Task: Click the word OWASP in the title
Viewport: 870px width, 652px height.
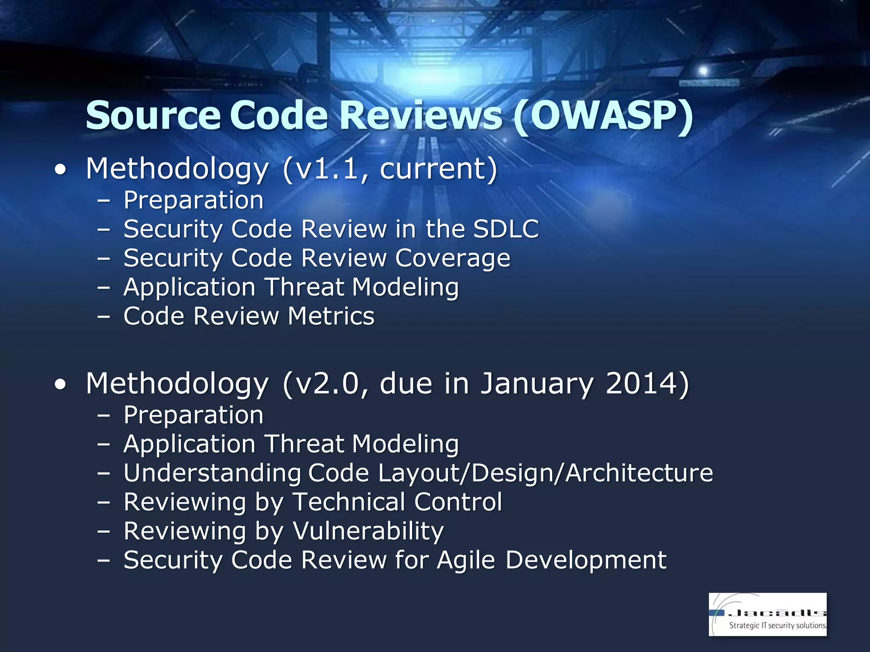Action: click(x=603, y=115)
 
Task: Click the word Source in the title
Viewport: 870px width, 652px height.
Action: click(x=153, y=115)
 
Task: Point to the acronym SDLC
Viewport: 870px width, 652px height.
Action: click(x=506, y=229)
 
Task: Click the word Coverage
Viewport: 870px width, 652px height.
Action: click(x=453, y=259)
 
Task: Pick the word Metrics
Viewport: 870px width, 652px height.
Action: click(x=331, y=316)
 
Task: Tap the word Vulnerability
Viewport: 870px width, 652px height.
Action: click(x=368, y=531)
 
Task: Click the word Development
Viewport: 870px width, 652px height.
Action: click(x=586, y=560)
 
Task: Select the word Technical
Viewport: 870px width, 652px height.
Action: click(x=349, y=502)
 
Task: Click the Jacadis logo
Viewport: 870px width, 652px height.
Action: click(x=768, y=614)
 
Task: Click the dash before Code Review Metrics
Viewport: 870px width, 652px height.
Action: click(x=103, y=317)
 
